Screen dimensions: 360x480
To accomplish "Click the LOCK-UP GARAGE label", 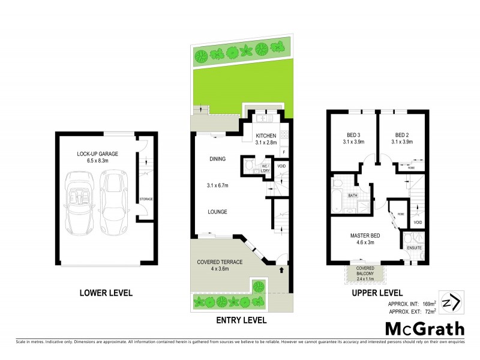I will tap(97, 154).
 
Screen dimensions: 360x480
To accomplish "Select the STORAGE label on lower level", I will tap(145, 199).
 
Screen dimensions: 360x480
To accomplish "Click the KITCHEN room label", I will tap(265, 136).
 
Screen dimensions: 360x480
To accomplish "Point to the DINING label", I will tap(217, 159).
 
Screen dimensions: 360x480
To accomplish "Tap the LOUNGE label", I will tap(217, 212).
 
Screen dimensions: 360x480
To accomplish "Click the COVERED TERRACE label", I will tap(220, 263).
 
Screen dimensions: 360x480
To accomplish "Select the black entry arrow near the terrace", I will tap(280, 270).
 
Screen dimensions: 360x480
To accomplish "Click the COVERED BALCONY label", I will tap(366, 271).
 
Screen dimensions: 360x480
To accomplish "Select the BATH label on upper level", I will tap(353, 195).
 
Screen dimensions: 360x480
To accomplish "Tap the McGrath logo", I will tap(424, 329).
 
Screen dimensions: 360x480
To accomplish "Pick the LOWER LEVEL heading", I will tap(106, 293).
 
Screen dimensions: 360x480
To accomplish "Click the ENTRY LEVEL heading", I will tap(241, 320).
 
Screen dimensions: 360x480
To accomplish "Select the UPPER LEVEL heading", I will tap(377, 293).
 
